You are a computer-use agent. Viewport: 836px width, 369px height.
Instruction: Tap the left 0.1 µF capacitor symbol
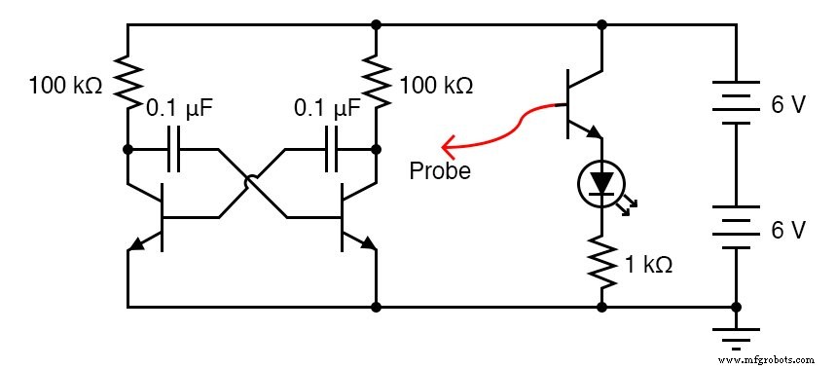click(x=173, y=150)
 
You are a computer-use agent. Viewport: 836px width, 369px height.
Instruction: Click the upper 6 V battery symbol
click(x=734, y=103)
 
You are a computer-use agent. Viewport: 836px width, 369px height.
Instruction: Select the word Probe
click(x=439, y=172)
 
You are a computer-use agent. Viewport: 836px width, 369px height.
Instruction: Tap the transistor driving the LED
click(x=580, y=103)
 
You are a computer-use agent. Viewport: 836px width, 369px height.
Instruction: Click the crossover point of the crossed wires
click(x=252, y=183)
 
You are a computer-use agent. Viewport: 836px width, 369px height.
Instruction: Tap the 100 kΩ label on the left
click(x=65, y=85)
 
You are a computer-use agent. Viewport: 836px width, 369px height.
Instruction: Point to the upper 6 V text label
click(x=788, y=105)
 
